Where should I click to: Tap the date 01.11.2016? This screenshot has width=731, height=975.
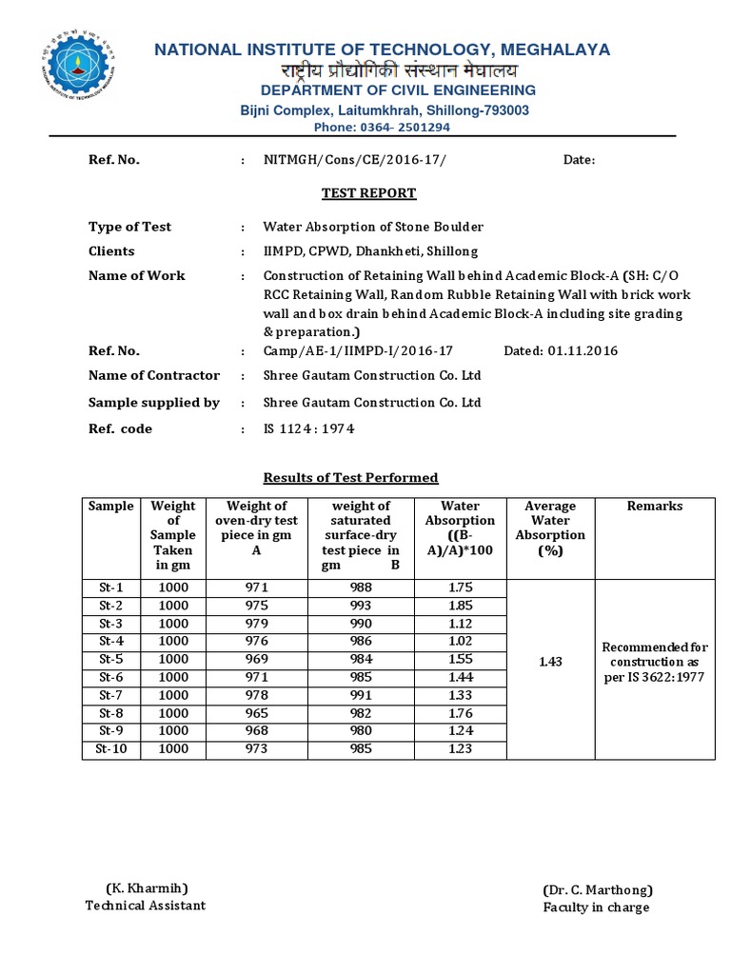pos(583,350)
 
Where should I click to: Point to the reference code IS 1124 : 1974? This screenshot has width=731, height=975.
pos(308,429)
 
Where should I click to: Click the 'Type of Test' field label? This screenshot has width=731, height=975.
pos(130,227)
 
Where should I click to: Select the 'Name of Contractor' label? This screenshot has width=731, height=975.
pos(154,375)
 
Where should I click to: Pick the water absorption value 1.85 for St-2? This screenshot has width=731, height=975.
pos(461,606)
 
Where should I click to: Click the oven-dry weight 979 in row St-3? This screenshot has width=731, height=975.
pos(257,623)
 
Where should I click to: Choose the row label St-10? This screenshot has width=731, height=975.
pos(112,749)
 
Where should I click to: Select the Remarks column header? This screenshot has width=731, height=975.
pos(655,507)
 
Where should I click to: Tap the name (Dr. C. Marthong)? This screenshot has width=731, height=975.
pos(597,889)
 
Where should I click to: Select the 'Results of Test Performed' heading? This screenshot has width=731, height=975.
pos(350,477)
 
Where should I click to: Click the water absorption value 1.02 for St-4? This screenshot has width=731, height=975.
pos(461,641)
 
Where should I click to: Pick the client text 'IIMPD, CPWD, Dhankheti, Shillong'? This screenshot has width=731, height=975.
pos(370,251)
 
